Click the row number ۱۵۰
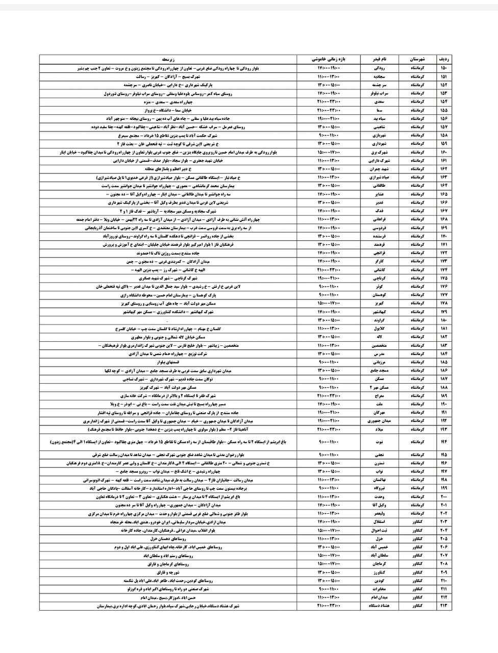(x=442, y=68)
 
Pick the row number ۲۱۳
(x=442, y=606)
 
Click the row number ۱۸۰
(x=442, y=320)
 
